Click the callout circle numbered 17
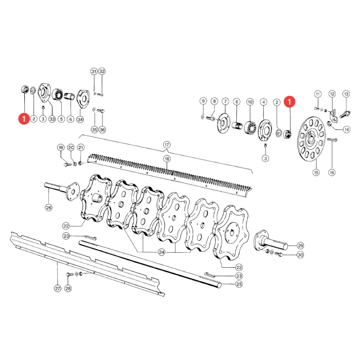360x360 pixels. pyautogui.click(x=167, y=145)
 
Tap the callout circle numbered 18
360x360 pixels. pyautogui.click(x=167, y=159)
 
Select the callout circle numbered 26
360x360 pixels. pyautogui.click(x=49, y=208)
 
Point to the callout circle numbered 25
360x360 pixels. pyautogui.click(x=239, y=284)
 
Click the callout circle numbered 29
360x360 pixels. pyautogui.click(x=300, y=246)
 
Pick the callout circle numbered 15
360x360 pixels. pyautogui.click(x=316, y=172)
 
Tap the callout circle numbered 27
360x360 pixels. pyautogui.click(x=58, y=288)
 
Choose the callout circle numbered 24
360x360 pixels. pyautogui.click(x=162, y=252)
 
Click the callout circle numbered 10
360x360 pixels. pyautogui.click(x=250, y=102)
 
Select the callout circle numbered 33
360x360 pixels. pyautogui.click(x=52, y=119)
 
